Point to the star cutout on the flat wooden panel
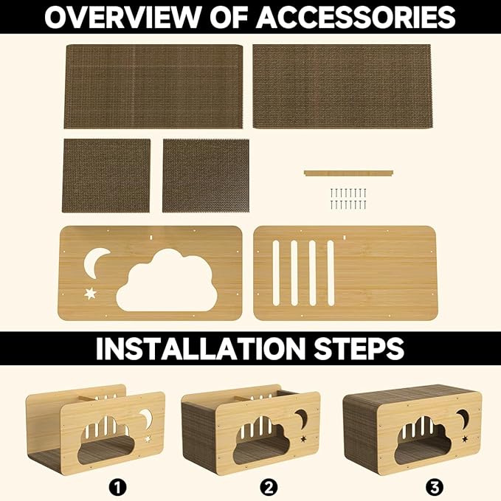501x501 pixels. click(91, 293)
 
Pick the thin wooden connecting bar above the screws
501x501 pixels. click(348, 173)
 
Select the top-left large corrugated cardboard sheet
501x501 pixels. click(153, 86)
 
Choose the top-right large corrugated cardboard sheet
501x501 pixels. click(342, 86)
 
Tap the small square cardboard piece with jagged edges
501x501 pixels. click(206, 175)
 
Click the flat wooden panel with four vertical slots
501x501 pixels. click(344, 272)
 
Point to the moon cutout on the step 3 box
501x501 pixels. click(462, 418)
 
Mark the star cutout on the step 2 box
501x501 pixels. click(303, 439)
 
